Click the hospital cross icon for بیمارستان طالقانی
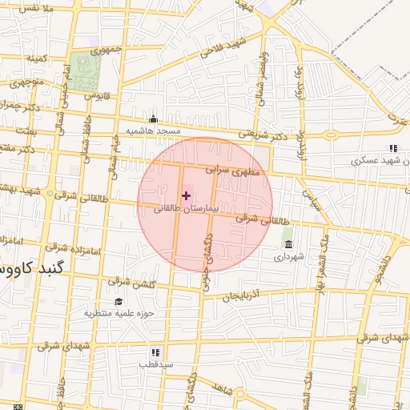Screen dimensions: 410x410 187,195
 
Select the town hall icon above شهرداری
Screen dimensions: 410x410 287,243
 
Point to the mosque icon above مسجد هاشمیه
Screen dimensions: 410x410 153,119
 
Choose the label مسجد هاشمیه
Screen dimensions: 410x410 153,131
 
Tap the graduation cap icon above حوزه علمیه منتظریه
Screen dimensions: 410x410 119,301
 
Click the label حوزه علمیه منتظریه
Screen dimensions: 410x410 119,313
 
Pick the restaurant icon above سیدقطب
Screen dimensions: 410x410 155,352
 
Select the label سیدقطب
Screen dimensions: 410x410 155,364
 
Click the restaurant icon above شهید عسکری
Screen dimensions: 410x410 392,148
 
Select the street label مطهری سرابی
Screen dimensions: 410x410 228,170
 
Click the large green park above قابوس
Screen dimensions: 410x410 83,70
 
